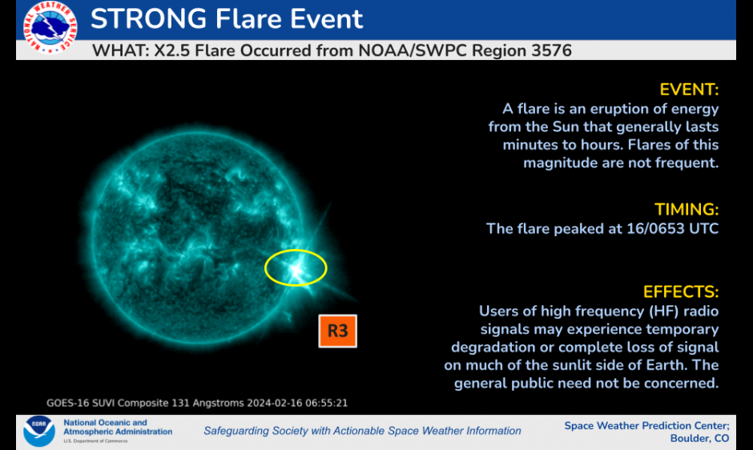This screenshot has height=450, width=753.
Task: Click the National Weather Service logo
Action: click(50, 27)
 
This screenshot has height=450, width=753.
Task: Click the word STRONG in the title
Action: click(149, 19)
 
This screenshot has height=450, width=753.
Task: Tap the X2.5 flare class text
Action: click(172, 50)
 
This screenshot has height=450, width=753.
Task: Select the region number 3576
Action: click(551, 50)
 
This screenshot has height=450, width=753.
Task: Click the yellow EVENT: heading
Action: click(689, 90)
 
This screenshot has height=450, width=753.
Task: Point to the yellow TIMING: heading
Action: click(687, 210)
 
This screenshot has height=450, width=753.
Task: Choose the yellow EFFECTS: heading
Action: click(680, 292)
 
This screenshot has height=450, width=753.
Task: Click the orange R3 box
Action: click(337, 331)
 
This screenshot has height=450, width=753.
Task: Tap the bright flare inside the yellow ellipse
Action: click(296, 270)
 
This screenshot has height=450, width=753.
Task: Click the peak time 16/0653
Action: click(655, 228)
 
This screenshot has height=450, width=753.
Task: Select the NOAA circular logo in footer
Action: click(39, 431)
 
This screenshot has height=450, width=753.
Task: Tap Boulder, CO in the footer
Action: click(699, 439)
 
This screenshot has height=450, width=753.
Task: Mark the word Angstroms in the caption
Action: click(218, 403)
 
